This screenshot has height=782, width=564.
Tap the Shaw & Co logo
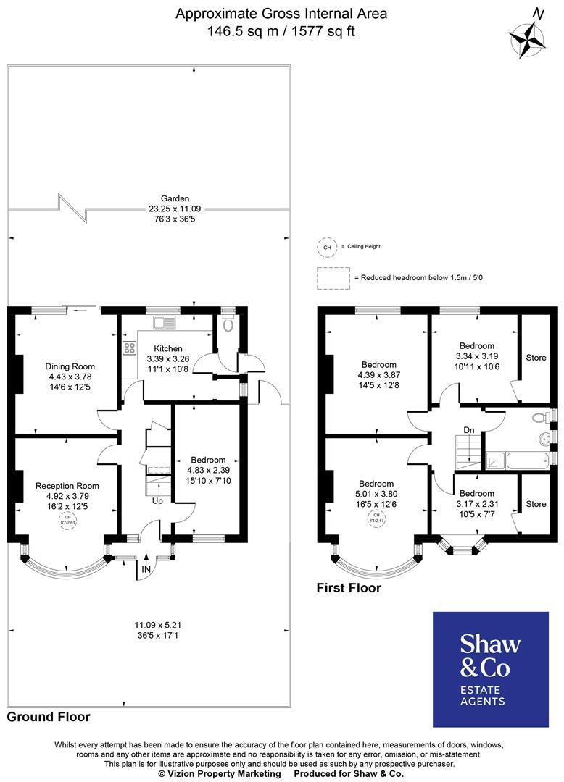(x=491, y=668)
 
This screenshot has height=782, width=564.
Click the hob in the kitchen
(x=130, y=348)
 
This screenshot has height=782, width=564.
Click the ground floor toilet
(x=230, y=324)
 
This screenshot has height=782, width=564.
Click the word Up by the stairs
(x=157, y=500)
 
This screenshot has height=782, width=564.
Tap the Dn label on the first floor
(x=469, y=430)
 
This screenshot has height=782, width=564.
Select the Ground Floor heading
(x=49, y=717)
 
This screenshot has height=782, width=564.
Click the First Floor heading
(x=349, y=588)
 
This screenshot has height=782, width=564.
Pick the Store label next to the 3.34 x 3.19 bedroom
(x=536, y=358)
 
